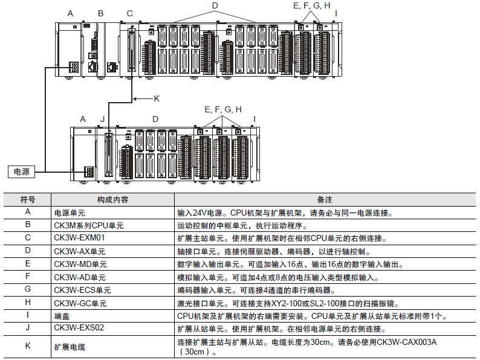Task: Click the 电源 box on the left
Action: (x=21, y=172)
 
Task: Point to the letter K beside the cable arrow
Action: (x=157, y=98)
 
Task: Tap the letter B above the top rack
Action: (x=100, y=13)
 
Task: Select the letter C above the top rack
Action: (x=130, y=13)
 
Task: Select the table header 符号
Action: (x=28, y=199)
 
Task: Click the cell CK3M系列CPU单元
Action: (x=89, y=225)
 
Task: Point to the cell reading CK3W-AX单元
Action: (x=80, y=251)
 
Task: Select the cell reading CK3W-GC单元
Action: (x=80, y=303)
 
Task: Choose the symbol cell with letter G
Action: (x=28, y=290)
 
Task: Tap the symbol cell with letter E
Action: (x=28, y=264)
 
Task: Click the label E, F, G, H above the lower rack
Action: (x=223, y=109)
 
